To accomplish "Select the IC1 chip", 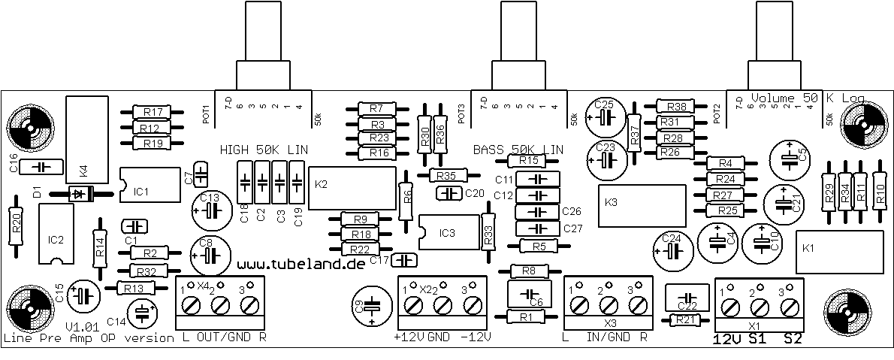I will (x=150, y=186).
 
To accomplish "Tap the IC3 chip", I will (x=449, y=233).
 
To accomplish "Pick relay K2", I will (x=352, y=184).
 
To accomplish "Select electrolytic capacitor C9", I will (x=373, y=306).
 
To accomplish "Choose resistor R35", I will (x=447, y=175).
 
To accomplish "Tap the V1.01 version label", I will (x=83, y=327).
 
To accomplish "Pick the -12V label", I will (x=475, y=337).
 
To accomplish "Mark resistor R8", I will (x=528, y=271).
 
